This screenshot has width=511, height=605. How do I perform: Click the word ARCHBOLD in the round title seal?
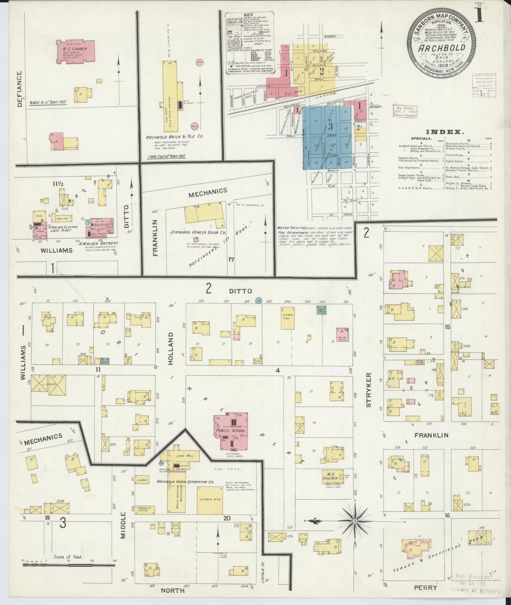click(441, 49)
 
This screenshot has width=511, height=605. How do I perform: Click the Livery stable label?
click(49, 384)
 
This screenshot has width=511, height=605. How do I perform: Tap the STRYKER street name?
click(368, 390)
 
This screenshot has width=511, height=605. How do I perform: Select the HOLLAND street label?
click(171, 351)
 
